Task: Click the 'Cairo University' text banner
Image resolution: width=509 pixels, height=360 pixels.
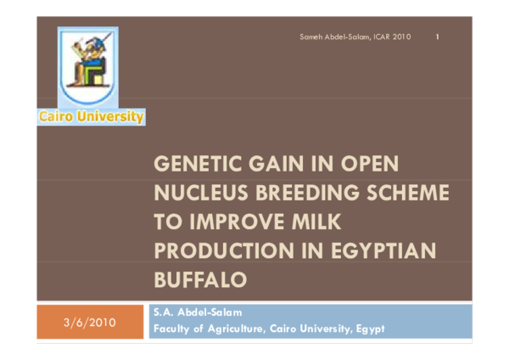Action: pyautogui.click(x=91, y=117)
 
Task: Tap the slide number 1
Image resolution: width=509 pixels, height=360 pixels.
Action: pyautogui.click(x=437, y=37)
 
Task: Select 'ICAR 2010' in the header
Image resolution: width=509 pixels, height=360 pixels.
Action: pyautogui.click(x=392, y=37)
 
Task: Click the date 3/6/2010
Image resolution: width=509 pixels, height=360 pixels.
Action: pyautogui.click(x=90, y=322)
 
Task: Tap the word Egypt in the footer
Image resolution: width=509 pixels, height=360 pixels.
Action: pyautogui.click(x=369, y=329)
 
